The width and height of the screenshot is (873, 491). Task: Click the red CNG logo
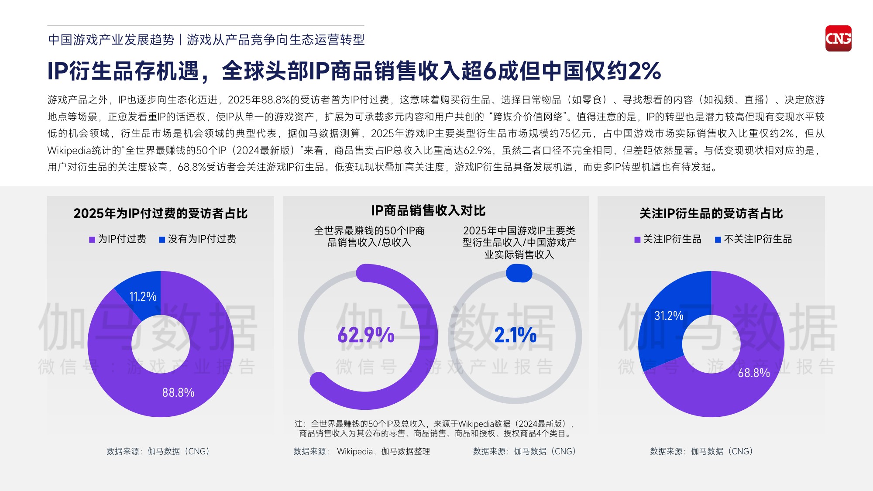coord(838,38)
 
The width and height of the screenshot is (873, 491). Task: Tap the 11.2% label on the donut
coord(143,297)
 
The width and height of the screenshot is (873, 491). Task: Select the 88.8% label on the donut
coord(178,393)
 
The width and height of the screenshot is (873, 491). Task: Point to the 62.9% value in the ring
coord(366,335)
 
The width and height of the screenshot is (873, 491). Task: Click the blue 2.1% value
coord(515,335)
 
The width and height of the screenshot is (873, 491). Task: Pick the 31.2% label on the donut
coord(668,316)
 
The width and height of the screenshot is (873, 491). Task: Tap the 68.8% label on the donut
coord(754,373)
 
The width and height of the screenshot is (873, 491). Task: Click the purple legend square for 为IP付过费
coord(92,240)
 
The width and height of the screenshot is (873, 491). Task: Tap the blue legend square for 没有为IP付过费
coord(162,240)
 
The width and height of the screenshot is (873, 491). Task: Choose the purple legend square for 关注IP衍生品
coord(637,240)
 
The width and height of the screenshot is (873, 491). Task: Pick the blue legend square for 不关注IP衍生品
coord(718,240)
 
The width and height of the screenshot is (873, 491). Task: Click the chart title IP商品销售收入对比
coord(428,211)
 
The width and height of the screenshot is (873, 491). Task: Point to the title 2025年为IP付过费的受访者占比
coord(160,213)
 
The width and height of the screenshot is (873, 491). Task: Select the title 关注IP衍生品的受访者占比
coord(711,213)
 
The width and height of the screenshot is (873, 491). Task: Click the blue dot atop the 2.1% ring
coord(519,274)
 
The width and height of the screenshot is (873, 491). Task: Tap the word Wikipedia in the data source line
coord(355,451)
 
